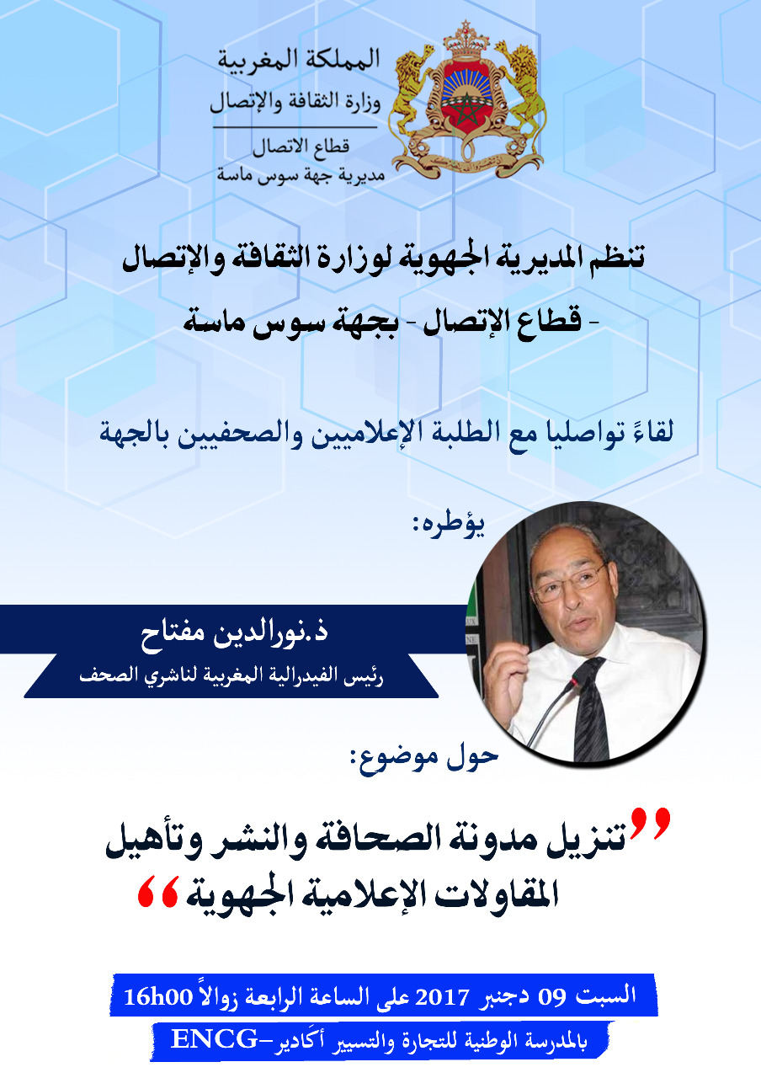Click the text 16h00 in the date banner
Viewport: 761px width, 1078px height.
click(x=158, y=996)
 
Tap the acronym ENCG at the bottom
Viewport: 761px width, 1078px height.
click(x=214, y=1039)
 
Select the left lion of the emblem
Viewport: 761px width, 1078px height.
click(x=412, y=93)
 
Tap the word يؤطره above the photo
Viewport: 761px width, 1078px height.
click(x=449, y=525)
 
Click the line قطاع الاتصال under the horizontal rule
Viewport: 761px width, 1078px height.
click(x=301, y=147)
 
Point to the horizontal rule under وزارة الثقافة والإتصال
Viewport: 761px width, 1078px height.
click(x=295, y=127)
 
